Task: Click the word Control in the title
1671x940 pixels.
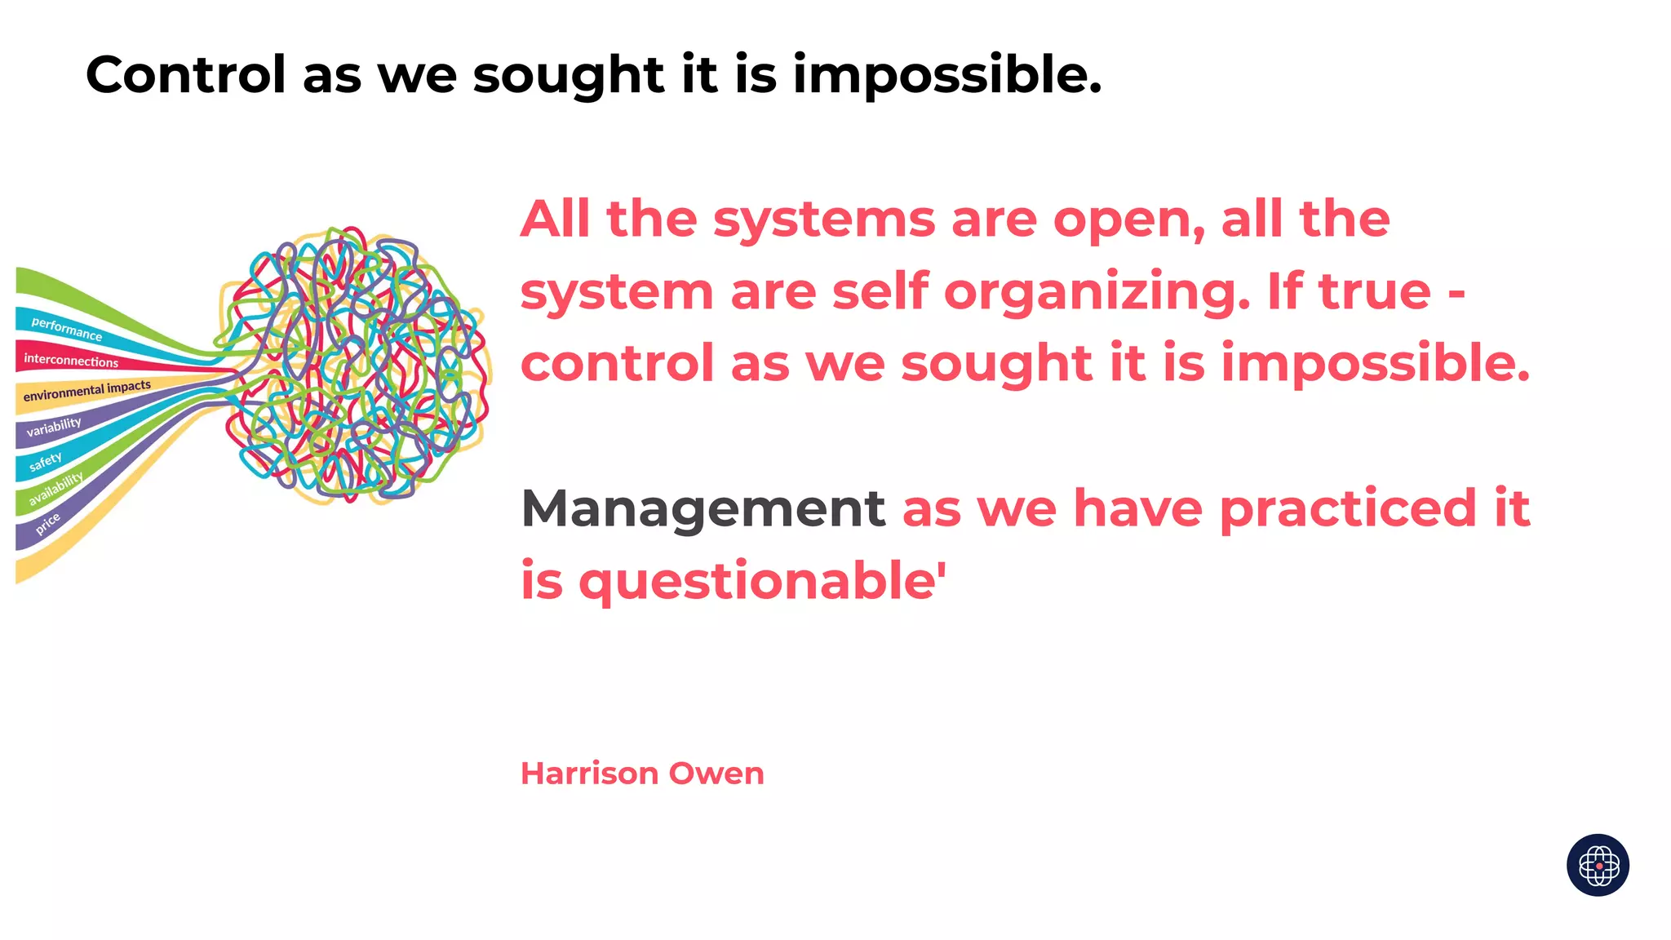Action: pyautogui.click(x=185, y=75)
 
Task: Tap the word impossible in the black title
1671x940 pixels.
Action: pyautogui.click(x=946, y=75)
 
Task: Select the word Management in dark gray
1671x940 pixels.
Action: pyautogui.click(x=703, y=508)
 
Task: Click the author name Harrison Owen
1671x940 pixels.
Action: pyautogui.click(x=642, y=774)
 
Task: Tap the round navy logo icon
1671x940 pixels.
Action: pyautogui.click(x=1598, y=865)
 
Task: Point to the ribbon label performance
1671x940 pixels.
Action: pyautogui.click(x=67, y=329)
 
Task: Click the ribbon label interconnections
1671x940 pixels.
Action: pyautogui.click(x=71, y=360)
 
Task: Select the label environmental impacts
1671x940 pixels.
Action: pyautogui.click(x=86, y=391)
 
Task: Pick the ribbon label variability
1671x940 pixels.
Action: pyautogui.click(x=54, y=427)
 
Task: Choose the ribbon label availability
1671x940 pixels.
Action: pyautogui.click(x=55, y=489)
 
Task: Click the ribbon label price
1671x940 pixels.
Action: pyautogui.click(x=47, y=523)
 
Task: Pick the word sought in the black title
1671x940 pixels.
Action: pyautogui.click(x=569, y=75)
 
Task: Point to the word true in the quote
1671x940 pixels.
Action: pyautogui.click(x=1375, y=291)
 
